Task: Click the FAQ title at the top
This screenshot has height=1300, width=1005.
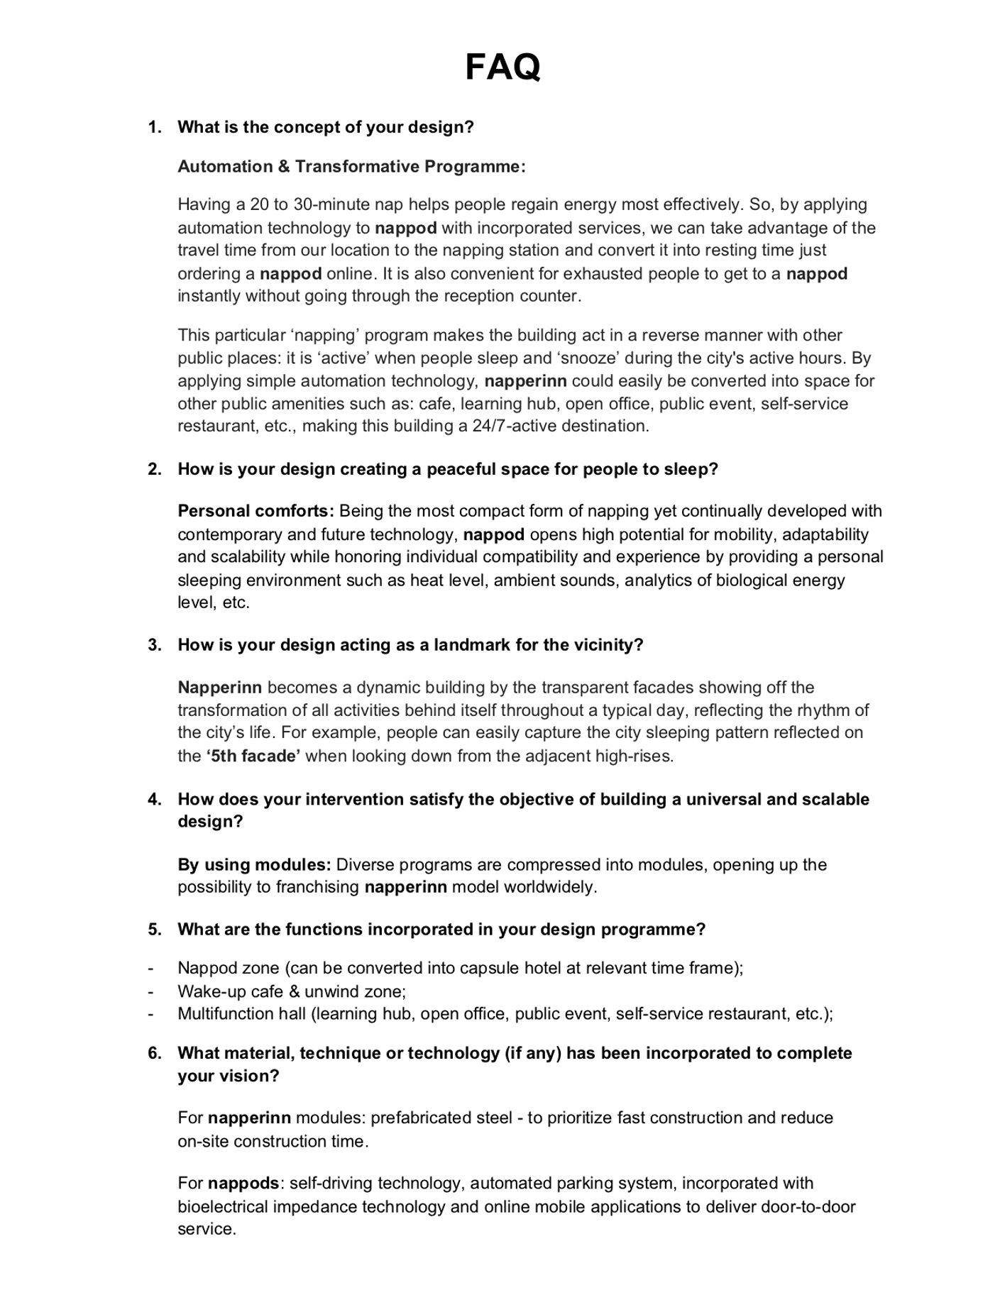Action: (502, 68)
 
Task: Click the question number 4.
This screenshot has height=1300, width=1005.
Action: (154, 799)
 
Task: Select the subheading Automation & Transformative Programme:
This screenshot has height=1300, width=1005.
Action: (351, 167)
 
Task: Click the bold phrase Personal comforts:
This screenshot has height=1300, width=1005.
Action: (256, 511)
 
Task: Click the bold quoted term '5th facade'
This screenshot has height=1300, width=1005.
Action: (253, 756)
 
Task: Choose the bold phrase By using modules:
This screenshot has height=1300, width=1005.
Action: (254, 864)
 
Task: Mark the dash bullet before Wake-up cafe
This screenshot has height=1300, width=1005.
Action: (150, 991)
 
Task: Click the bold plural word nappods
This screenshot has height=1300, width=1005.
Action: (243, 1183)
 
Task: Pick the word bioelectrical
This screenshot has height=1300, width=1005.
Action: (223, 1206)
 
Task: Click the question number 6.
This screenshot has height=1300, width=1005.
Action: (154, 1053)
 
